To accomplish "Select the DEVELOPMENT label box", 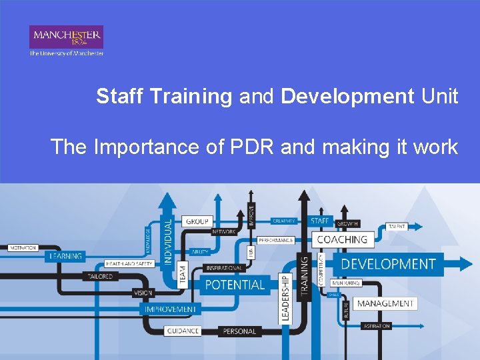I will pos(388,264).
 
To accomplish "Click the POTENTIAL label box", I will pos(235,285).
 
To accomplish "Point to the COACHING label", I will pos(342,239).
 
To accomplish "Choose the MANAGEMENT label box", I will pos(385,303).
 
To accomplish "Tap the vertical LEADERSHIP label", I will pos(285,298).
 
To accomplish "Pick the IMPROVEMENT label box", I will pos(171,309).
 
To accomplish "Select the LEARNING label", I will pos(65,256).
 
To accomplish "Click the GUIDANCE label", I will pos(183,331).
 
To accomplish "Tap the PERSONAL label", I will pos(239,331).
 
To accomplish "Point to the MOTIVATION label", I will pos(23,248).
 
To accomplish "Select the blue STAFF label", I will pos(319,221).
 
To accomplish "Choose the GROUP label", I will pos(197,221).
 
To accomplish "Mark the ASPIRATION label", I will pos(377,326).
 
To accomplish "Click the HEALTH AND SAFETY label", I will pos(129,264).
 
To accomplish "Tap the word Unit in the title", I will pos(439,97).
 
